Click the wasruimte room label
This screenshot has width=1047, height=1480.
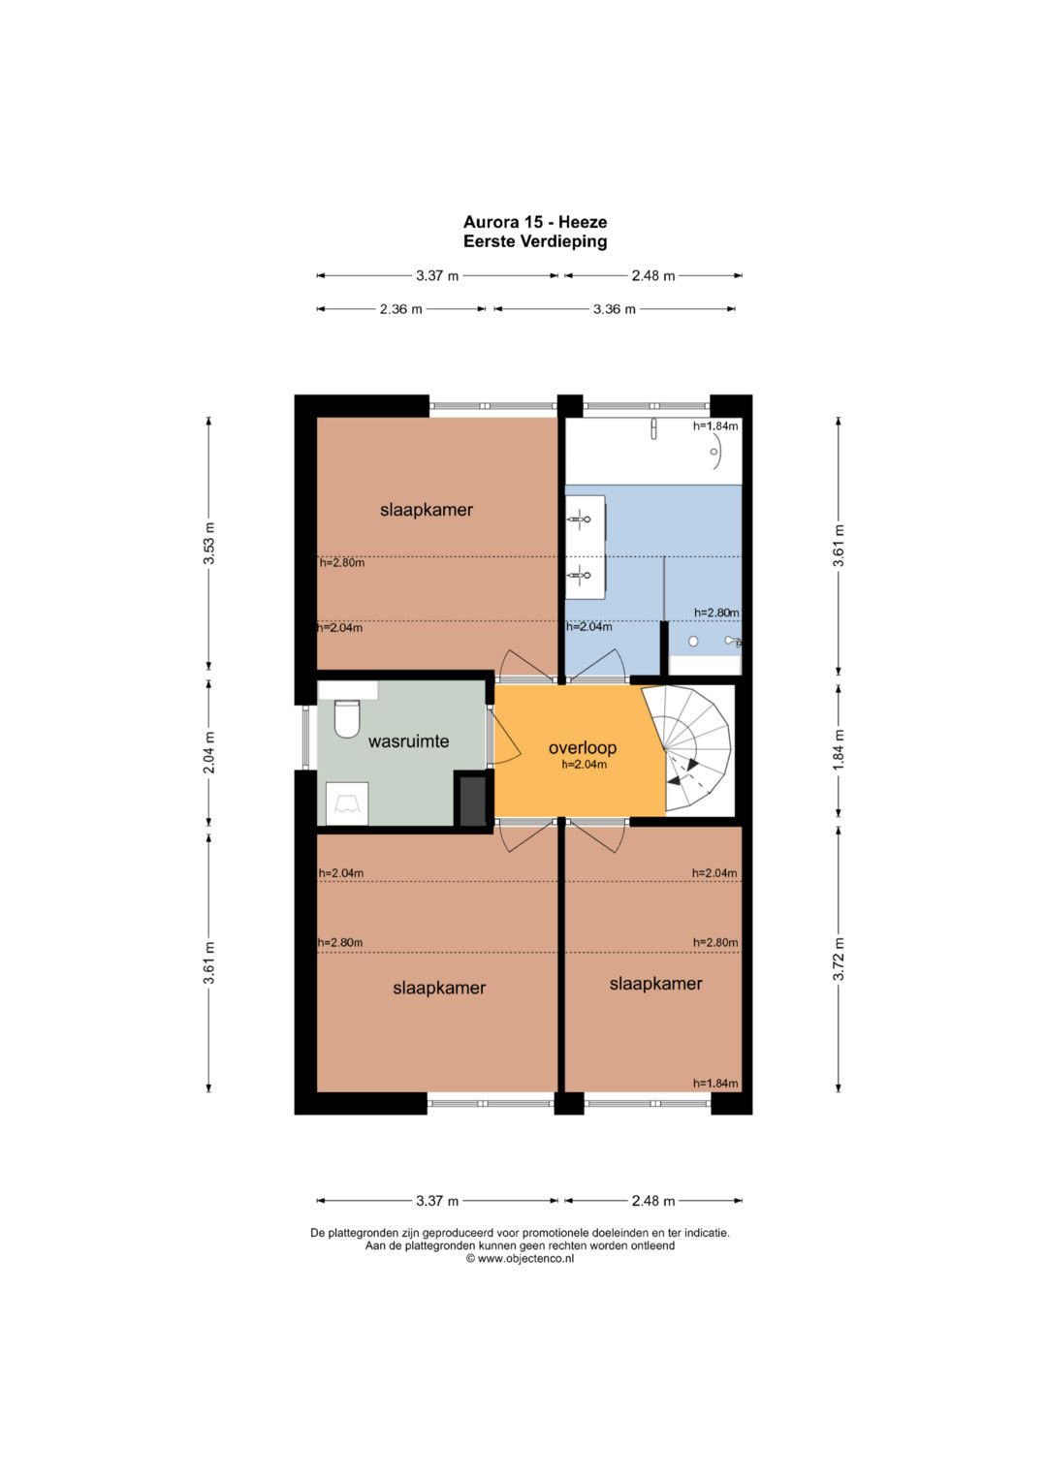point(408,741)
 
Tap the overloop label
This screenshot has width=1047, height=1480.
point(583,748)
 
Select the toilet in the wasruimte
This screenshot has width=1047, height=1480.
point(347,719)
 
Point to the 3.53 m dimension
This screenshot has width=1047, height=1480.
point(208,544)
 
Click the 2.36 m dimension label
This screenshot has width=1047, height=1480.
point(400,309)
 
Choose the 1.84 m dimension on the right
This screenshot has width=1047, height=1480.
point(839,749)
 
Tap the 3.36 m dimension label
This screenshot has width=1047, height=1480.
point(614,309)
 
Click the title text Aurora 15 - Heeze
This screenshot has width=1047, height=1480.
point(535,222)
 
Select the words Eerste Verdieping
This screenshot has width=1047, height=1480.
point(535,242)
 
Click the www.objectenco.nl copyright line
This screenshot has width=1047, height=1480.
point(520,1259)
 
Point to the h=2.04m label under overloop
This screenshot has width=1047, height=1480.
point(585,765)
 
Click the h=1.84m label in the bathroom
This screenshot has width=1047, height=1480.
point(715,426)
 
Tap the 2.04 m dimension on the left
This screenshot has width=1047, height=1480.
point(208,753)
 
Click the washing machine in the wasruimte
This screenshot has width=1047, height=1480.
point(348,803)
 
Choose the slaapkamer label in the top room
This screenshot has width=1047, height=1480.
point(427,510)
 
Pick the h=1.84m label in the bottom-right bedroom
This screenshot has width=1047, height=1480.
point(715,1084)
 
